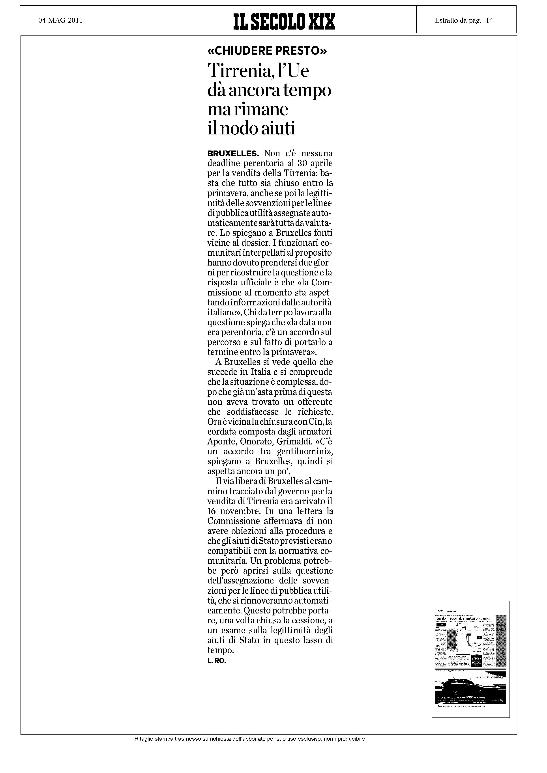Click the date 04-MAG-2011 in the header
(x=60, y=20)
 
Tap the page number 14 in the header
(x=489, y=20)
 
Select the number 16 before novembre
(x=212, y=511)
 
